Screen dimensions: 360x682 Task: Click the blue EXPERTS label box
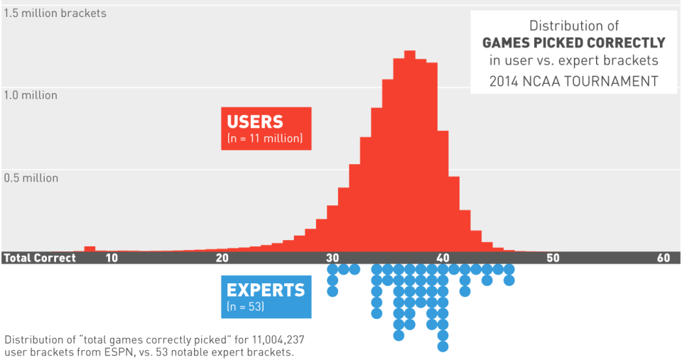[265, 296]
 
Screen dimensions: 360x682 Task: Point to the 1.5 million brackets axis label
[55, 13]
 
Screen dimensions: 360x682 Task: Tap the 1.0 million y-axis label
[31, 95]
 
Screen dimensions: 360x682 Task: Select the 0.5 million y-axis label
[31, 178]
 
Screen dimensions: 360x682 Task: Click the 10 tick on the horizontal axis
[112, 258]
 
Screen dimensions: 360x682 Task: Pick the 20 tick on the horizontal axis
[222, 258]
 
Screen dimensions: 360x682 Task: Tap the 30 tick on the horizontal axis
[332, 258]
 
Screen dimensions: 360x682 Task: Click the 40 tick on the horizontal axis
[443, 258]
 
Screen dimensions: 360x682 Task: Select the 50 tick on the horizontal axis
[553, 258]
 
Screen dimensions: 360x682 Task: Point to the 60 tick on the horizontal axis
[664, 258]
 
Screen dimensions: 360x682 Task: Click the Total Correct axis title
[39, 258]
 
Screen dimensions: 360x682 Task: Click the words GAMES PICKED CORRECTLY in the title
[573, 43]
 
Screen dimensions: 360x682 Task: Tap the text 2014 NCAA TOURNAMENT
[573, 80]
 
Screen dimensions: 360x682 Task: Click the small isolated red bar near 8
[90, 249]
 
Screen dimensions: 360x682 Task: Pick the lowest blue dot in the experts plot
[443, 347]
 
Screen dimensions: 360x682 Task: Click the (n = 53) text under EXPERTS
[245, 307]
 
